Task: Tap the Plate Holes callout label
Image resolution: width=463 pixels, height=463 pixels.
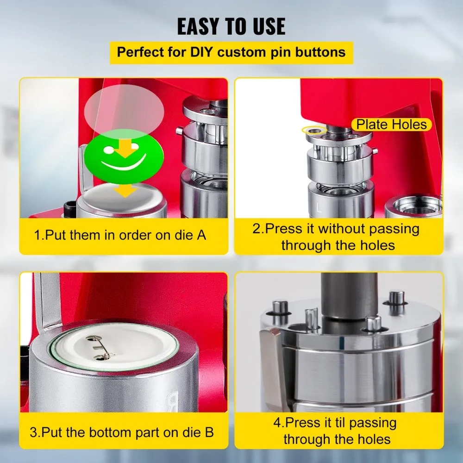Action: [x=391, y=124]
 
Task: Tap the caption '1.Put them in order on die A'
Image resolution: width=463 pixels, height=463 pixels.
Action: [x=120, y=235]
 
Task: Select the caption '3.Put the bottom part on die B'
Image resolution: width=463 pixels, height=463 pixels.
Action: [x=122, y=433]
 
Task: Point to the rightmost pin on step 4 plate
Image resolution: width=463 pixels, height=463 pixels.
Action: [x=396, y=300]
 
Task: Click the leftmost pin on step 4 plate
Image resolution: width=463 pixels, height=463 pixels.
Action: [x=279, y=310]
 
